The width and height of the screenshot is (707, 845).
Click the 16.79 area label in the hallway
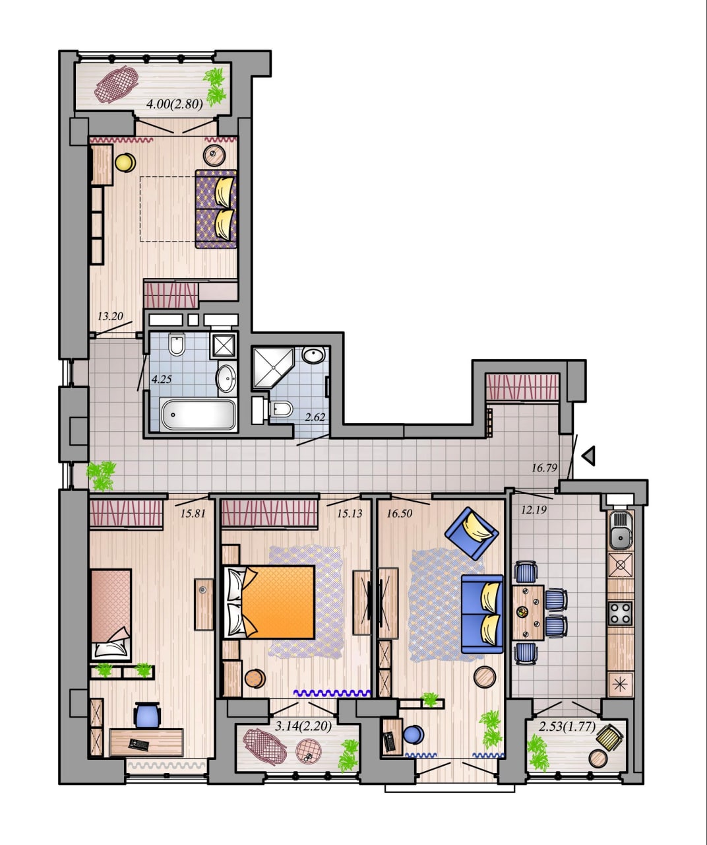tap(544, 468)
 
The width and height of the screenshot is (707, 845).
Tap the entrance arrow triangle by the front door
tap(589, 456)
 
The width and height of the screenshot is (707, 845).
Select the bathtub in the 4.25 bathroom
tap(198, 414)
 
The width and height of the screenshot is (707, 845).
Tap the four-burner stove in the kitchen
tap(621, 613)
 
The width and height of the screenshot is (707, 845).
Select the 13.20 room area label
tap(110, 316)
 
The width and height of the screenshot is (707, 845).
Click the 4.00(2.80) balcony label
tap(174, 104)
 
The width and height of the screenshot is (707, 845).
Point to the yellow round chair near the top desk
tap(125, 162)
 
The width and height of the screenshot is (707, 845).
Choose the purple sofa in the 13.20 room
tap(216, 209)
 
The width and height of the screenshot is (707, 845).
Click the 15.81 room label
tap(193, 514)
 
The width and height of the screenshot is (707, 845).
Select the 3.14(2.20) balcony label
tap(303, 726)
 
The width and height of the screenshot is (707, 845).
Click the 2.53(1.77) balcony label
tap(567, 726)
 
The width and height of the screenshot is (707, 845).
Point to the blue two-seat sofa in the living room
tap(482, 613)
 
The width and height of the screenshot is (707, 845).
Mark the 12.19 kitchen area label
tap(534, 510)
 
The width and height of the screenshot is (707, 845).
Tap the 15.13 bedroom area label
tap(350, 514)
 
